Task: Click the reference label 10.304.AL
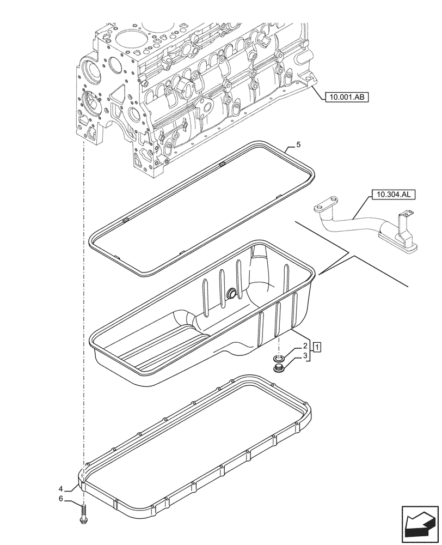click(x=392, y=194)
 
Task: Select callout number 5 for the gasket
click(x=298, y=144)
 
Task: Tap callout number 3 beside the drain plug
click(x=306, y=356)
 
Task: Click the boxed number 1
click(x=317, y=346)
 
